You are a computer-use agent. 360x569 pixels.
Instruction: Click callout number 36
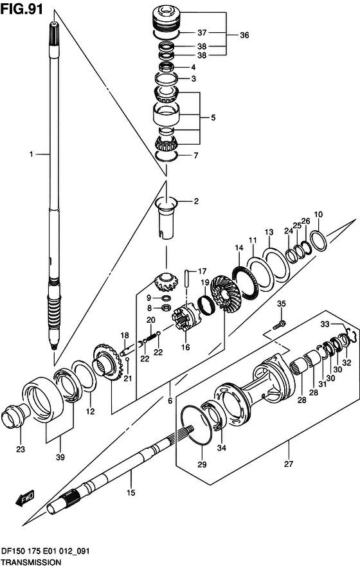244,35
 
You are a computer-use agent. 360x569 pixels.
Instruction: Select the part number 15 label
130,492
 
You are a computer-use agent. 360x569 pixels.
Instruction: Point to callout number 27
289,464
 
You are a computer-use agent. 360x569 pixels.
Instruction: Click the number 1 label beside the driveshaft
32,154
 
